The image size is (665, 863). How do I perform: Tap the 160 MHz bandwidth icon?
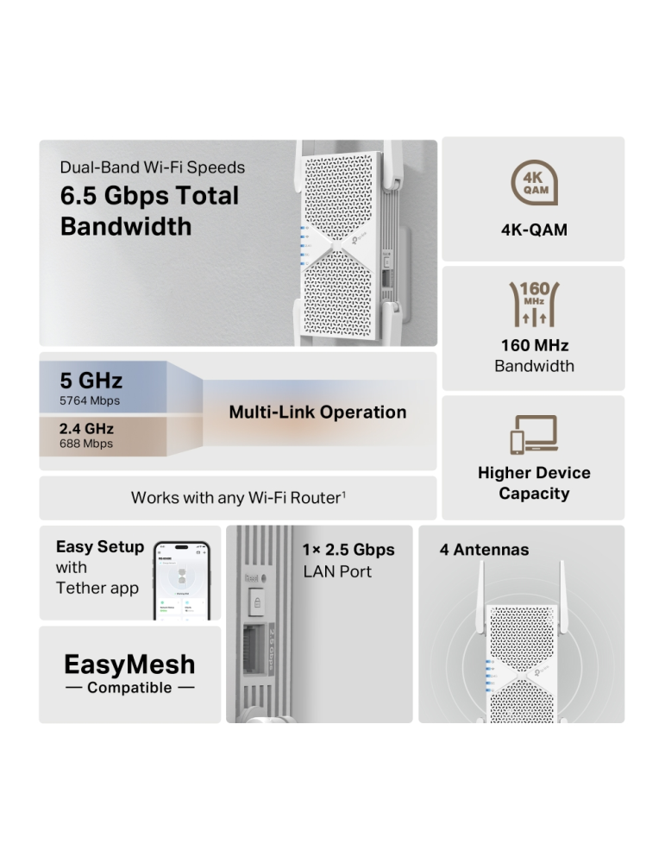click(535, 303)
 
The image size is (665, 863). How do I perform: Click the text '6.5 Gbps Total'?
click(149, 196)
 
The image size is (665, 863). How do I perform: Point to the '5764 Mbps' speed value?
click(90, 400)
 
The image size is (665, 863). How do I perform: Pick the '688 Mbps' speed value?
click(86, 444)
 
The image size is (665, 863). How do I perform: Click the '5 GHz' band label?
click(91, 381)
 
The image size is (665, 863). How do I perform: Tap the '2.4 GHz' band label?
click(86, 428)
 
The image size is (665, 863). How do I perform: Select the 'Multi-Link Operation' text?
click(317, 413)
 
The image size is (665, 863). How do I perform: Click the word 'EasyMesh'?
click(129, 664)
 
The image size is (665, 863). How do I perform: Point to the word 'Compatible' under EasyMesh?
click(129, 688)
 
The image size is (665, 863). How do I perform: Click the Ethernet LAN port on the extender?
click(256, 644)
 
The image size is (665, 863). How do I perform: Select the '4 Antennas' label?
click(484, 550)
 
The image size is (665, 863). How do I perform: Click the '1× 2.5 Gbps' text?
click(348, 550)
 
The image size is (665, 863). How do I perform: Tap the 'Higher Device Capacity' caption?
click(534, 483)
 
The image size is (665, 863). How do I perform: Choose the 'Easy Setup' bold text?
click(100, 546)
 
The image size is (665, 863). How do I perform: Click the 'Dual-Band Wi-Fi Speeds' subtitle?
click(153, 167)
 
